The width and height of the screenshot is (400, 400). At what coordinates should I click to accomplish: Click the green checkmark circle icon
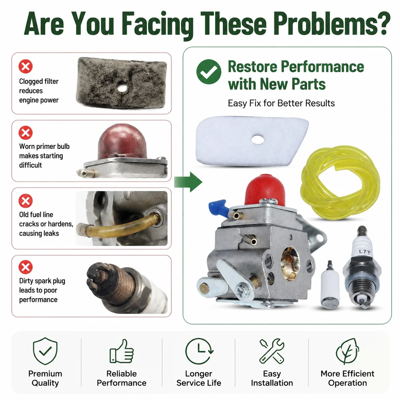tap(208, 72)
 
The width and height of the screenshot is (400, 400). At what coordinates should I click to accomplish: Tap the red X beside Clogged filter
tap(26, 66)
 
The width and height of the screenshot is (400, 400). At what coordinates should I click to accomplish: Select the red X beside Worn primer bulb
tap(26, 133)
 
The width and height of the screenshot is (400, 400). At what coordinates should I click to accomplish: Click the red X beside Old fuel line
tap(26, 201)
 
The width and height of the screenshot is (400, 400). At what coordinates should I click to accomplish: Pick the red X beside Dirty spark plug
tap(26, 267)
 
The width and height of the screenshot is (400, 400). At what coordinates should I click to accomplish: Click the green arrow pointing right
tap(188, 182)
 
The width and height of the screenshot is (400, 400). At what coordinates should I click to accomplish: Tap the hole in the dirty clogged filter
tap(122, 88)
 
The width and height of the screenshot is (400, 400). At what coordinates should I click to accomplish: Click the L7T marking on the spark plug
tap(365, 252)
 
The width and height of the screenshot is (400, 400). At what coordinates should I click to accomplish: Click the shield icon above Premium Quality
tap(45, 351)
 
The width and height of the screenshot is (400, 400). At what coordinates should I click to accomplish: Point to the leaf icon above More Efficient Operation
tap(347, 351)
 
